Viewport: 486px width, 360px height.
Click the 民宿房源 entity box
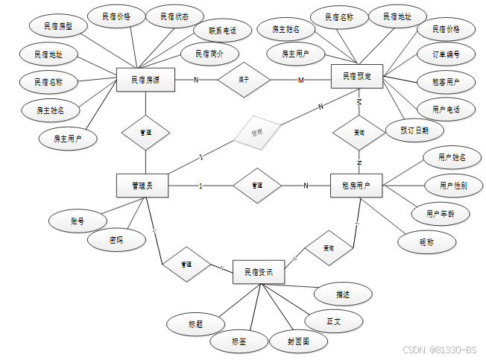click(x=145, y=79)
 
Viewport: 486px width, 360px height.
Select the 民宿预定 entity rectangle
click(x=356, y=76)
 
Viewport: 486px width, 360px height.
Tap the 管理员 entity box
click(x=142, y=186)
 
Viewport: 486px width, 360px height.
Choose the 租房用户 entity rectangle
click(x=356, y=186)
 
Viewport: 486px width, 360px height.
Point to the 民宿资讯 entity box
click(x=259, y=273)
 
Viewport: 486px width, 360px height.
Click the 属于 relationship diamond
click(x=243, y=79)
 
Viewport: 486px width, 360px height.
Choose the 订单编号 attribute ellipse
click(x=446, y=55)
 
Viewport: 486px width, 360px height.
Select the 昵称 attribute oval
click(x=426, y=241)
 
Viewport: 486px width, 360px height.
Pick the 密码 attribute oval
click(x=116, y=240)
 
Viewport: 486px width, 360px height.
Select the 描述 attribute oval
click(x=342, y=294)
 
